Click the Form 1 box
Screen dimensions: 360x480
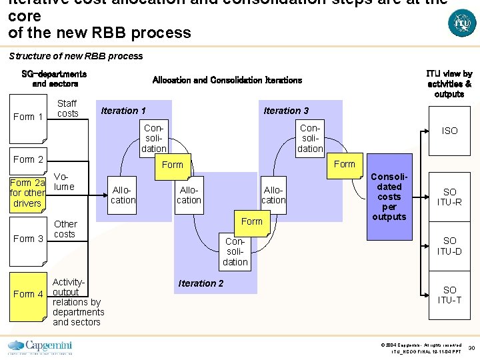coord(28,117)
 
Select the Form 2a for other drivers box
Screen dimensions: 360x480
coord(27,193)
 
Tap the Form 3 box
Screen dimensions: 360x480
coord(28,239)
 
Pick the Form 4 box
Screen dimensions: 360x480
coord(28,294)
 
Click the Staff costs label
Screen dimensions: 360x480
coord(67,109)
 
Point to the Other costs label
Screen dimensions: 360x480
coord(65,229)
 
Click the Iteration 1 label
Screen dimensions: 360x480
coord(123,111)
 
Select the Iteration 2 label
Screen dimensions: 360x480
coord(201,283)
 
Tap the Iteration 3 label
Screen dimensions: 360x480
coord(286,111)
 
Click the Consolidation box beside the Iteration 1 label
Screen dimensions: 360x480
coord(154,137)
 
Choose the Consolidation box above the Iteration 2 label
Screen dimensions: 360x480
coord(235,251)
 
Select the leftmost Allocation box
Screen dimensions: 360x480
coord(123,195)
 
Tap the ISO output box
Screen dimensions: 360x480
coord(450,131)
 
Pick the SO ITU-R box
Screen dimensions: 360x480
coord(450,197)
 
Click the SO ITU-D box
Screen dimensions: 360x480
coord(450,245)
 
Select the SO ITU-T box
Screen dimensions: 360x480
coord(450,294)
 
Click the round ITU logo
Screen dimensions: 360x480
coord(462,23)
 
